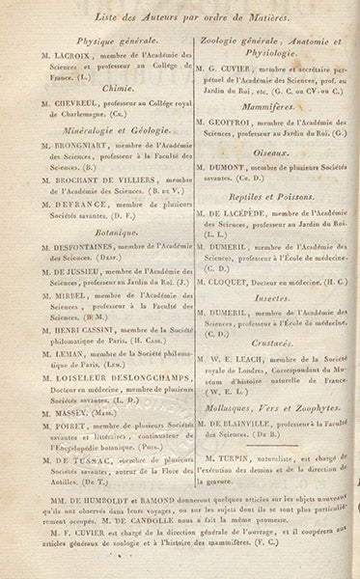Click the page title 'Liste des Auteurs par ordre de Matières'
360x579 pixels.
pos(180,14)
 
